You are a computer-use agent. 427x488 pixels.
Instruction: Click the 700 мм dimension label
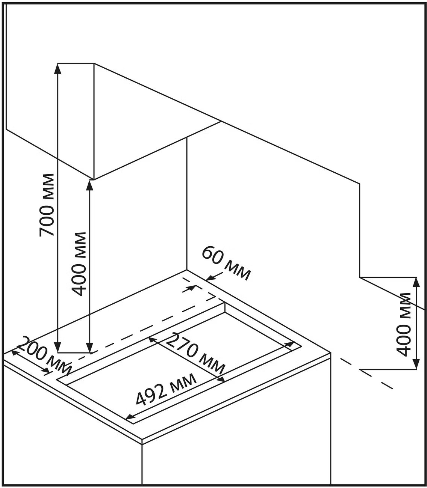pyautogui.click(x=47, y=205)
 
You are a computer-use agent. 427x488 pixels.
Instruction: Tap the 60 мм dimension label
pyautogui.click(x=226, y=263)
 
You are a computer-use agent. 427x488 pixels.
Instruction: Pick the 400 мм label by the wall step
pyautogui.click(x=404, y=324)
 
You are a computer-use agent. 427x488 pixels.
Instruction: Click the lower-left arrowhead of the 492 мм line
pyautogui.click(x=129, y=417)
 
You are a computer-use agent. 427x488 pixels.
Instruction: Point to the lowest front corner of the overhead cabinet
pyautogui.click(x=93, y=179)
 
